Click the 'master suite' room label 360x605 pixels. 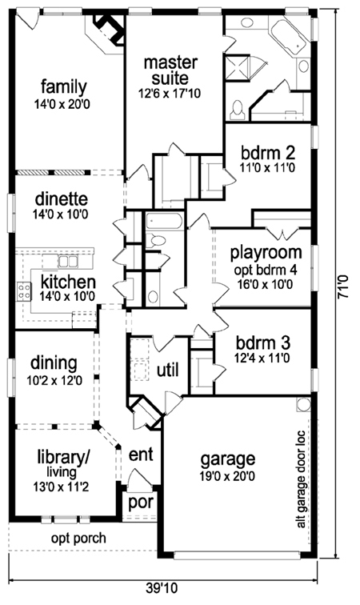coord(170,70)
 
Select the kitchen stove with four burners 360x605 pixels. coord(23,291)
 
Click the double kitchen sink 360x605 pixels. coord(68,261)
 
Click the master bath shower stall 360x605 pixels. coord(237,68)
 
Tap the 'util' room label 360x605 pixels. coord(168,370)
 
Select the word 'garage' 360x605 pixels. coord(228,460)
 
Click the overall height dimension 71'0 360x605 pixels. coord(342,286)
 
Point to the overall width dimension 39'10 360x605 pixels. coord(162,589)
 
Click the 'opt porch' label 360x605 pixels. coord(78,539)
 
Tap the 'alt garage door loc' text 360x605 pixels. coord(301,479)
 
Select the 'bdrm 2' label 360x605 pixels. coord(268,152)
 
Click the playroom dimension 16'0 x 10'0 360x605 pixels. coord(266,284)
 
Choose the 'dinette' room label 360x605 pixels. coord(62,199)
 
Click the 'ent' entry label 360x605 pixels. coord(141,455)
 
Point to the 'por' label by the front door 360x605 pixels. coord(141,503)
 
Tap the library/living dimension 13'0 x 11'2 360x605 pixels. coord(61,487)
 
